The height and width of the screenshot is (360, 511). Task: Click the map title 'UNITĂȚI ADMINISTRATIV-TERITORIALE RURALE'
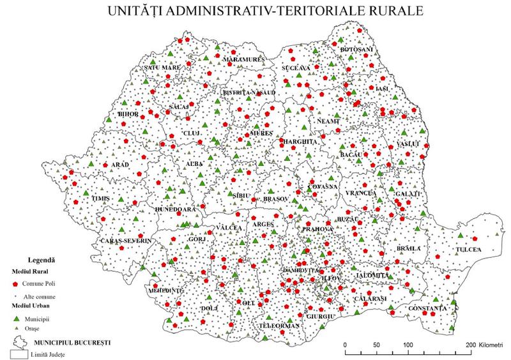pyautogui.click(x=256, y=12)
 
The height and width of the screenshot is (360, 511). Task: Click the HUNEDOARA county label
pyautogui.click(x=174, y=209)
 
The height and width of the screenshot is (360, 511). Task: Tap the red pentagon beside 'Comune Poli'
pyautogui.click(x=14, y=282)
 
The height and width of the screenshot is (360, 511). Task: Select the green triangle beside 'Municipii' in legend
pyautogui.click(x=14, y=317)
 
